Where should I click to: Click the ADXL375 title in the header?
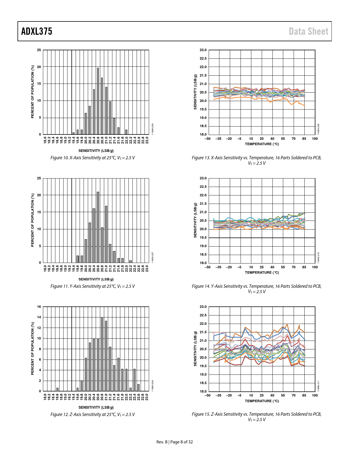[x=37, y=31]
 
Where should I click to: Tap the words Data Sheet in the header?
[x=308, y=31]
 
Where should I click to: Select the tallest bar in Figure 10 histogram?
[x=98, y=101]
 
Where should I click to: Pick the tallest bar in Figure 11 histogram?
[x=98, y=227]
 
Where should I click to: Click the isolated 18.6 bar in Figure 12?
[x=57, y=389]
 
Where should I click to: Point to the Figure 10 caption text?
[x=93, y=158]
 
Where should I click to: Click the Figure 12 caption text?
[x=93, y=415]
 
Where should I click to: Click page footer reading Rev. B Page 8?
[x=174, y=442]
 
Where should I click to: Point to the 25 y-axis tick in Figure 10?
[x=39, y=50]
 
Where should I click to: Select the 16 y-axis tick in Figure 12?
[x=39, y=307]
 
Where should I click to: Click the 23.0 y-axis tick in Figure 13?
[x=203, y=50]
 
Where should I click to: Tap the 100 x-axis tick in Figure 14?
[x=315, y=267]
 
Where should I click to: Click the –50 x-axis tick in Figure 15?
[x=208, y=395]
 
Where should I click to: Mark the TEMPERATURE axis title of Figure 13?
[x=262, y=144]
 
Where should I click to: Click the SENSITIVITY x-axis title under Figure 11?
[x=96, y=279]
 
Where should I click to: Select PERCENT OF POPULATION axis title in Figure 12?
[x=32, y=349]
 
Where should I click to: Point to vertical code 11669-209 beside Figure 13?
[x=319, y=129]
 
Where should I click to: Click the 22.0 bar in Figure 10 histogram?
[x=126, y=132]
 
